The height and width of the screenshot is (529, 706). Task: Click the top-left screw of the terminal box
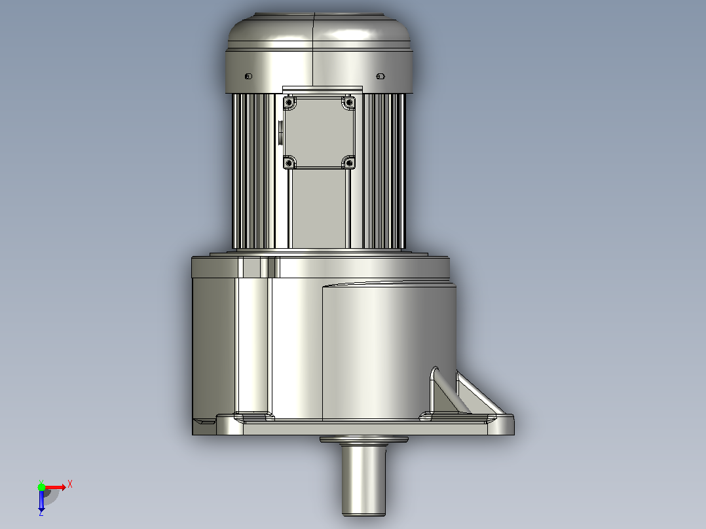(289, 103)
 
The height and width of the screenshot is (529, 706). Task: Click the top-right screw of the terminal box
(349, 103)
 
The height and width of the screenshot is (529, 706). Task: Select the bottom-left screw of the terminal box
(289, 163)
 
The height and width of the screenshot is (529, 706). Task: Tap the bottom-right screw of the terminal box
(349, 163)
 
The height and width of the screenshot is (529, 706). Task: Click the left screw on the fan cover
(248, 77)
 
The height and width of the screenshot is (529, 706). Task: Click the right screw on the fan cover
(380, 76)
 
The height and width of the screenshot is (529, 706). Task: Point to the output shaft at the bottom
(363, 479)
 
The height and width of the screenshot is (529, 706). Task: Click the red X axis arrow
(55, 487)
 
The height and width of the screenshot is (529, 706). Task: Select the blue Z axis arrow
(41, 500)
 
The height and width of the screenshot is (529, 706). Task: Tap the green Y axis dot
(41, 486)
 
